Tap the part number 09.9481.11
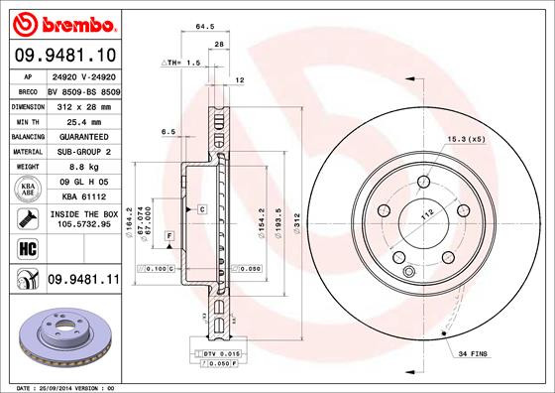pyautogui.click(x=82, y=282)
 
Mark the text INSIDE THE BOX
pyautogui.click(x=82, y=212)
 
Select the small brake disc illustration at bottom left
pyautogui.click(x=62, y=333)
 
